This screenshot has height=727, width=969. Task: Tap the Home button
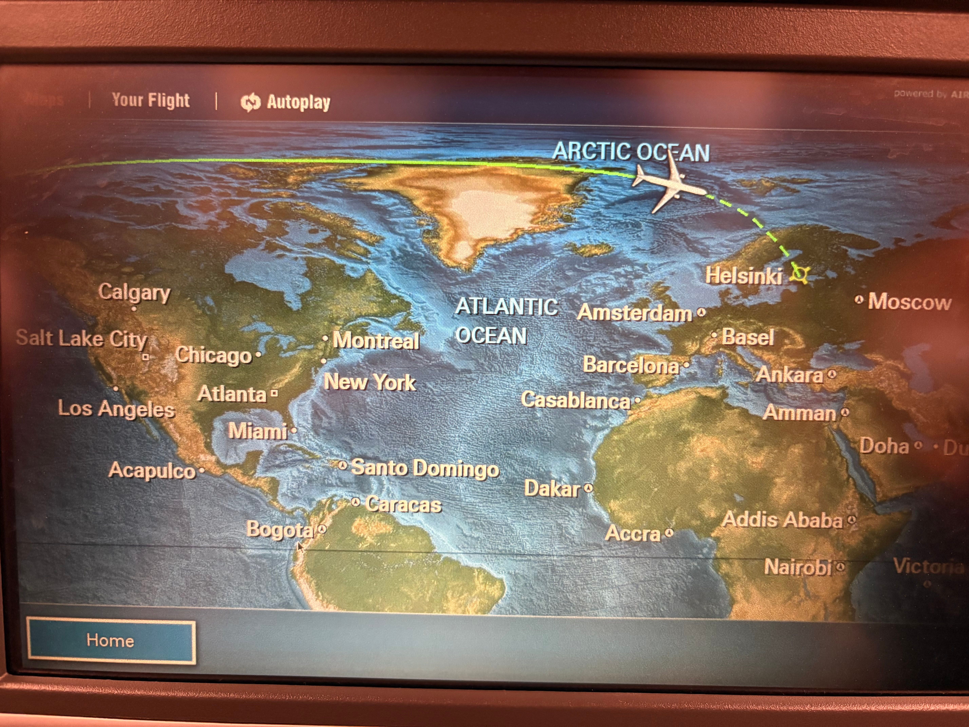coord(111,641)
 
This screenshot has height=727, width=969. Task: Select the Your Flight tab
coord(151,100)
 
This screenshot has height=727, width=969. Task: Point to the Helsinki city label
coord(743,276)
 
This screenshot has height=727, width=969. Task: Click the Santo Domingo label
coord(425,468)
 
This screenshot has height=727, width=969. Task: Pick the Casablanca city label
coord(575,400)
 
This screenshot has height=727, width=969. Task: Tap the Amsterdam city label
coord(634,313)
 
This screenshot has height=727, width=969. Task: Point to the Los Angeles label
coord(117,409)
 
